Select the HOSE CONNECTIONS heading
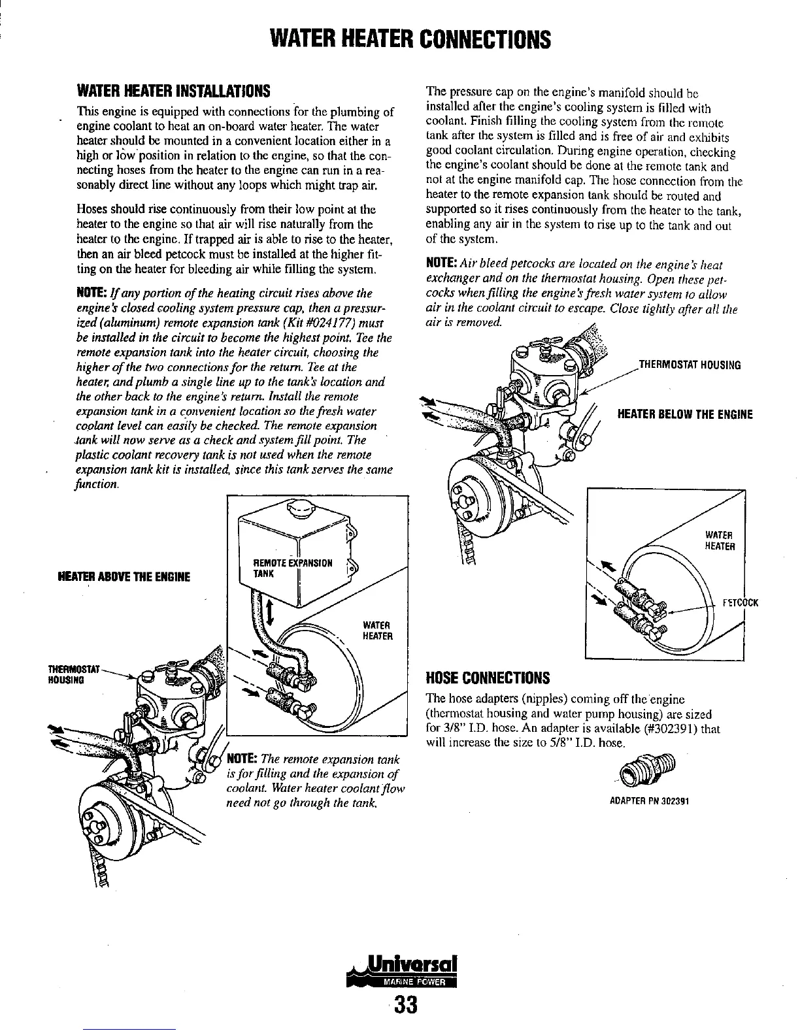click(x=488, y=677)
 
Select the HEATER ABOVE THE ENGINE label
click(x=124, y=577)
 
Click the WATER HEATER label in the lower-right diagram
click(x=720, y=541)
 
